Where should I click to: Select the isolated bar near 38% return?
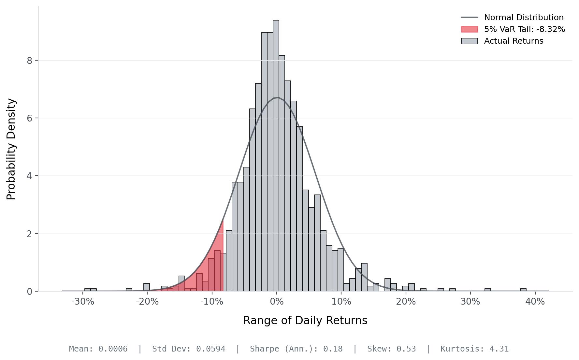tap(523, 290)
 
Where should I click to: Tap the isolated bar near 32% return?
tap(487, 290)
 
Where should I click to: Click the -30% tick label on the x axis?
tap(83, 302)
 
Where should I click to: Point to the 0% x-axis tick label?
tap(277, 302)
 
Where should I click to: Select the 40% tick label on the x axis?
tap(535, 302)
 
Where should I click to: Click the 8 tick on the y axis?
tap(30, 61)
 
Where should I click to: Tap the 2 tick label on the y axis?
tap(30, 234)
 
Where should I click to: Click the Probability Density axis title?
tap(11, 149)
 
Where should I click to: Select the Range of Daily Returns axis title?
tap(305, 320)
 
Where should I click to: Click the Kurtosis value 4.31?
tap(499, 349)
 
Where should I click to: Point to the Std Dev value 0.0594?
tap(210, 349)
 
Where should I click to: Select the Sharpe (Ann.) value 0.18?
tap(333, 349)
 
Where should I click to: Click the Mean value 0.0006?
tap(113, 349)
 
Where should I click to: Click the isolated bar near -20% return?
tap(147, 287)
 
